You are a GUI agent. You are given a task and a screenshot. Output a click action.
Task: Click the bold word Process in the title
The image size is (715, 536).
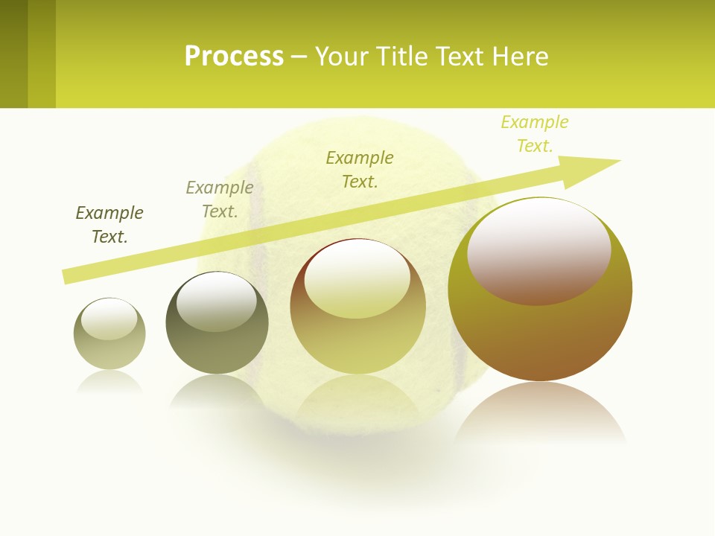pos(234,57)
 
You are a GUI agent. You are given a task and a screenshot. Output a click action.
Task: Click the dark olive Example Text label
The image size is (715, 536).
pos(109,225)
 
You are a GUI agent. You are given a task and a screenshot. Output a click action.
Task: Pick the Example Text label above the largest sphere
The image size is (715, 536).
pos(535,134)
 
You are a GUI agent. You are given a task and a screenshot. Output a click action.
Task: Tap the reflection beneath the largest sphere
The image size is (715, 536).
pos(540,413)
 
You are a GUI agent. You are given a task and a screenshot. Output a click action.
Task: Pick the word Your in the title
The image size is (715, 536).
pos(344,57)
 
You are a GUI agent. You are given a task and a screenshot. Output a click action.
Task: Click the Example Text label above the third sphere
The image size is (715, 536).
pos(360,170)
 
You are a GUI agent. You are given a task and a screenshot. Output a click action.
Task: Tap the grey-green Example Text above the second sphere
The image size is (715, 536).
pos(220,200)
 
